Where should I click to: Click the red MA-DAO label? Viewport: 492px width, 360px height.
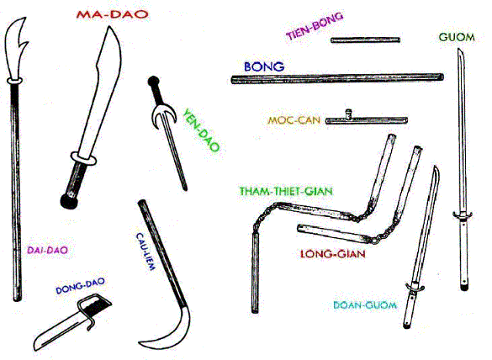[112, 14]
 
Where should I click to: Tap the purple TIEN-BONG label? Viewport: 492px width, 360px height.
[315, 26]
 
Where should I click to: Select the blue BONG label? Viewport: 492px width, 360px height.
[264, 66]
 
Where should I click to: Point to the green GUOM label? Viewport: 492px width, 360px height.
[457, 37]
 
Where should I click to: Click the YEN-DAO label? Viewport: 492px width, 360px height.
[201, 130]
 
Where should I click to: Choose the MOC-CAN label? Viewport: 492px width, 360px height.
[294, 120]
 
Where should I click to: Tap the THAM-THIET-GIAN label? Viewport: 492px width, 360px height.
[286, 191]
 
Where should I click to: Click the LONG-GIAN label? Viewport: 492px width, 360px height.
[333, 254]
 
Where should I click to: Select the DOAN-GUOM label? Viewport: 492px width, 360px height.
[365, 305]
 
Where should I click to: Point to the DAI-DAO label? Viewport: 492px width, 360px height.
[47, 250]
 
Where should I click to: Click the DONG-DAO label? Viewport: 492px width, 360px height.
[80, 286]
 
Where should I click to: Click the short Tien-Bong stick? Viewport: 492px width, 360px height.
[366, 40]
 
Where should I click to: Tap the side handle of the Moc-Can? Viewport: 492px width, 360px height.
[348, 114]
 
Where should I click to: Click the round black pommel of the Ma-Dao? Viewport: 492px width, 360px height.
[69, 201]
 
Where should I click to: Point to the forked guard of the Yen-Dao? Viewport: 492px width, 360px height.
[162, 116]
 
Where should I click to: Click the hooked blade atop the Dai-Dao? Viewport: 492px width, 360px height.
[15, 49]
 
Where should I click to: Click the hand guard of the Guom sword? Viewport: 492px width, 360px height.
[463, 215]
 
